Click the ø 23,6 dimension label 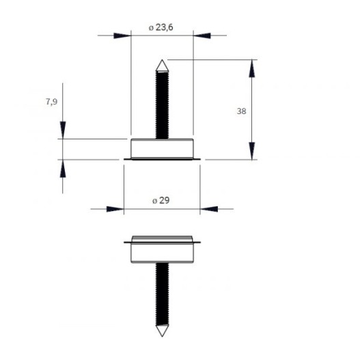[x=161, y=27]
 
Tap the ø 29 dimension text [x=161, y=200]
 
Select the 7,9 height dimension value [x=52, y=102]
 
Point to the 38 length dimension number [x=241, y=111]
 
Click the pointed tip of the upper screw [x=162, y=60]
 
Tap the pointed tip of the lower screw [x=162, y=336]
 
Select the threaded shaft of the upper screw [x=162, y=105]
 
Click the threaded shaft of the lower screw [x=162, y=294]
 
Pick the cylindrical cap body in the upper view [x=162, y=148]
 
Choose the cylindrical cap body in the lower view [x=162, y=253]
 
